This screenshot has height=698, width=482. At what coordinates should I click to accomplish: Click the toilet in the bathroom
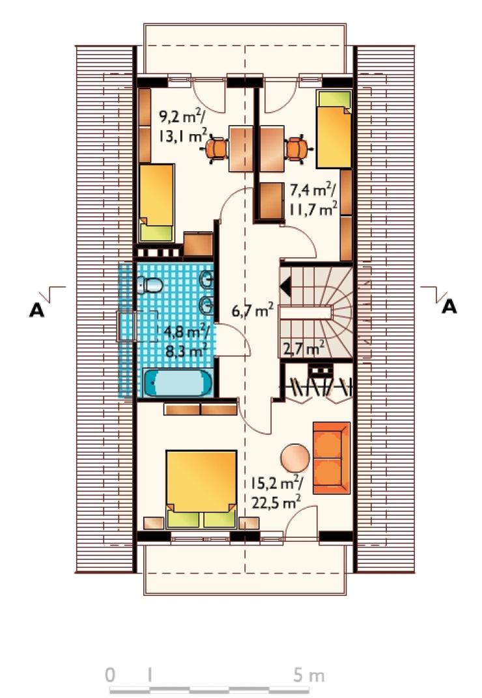[x=150, y=285]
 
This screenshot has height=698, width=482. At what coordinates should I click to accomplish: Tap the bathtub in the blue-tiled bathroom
[x=177, y=382]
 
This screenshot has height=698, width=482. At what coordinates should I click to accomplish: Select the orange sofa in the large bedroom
[x=332, y=458]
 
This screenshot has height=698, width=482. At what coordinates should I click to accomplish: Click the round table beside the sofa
[x=295, y=458]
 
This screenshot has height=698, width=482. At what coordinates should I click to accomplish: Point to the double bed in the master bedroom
[x=201, y=489]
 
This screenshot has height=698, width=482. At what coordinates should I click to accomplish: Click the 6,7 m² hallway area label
[x=252, y=310]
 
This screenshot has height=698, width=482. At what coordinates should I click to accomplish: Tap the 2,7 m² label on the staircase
[x=303, y=348]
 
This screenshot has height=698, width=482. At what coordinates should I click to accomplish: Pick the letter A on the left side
[x=36, y=311]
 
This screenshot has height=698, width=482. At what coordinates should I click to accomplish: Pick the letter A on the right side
[x=449, y=307]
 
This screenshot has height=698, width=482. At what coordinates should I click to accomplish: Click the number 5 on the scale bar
[x=299, y=675]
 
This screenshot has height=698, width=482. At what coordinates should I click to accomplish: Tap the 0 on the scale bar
[x=110, y=675]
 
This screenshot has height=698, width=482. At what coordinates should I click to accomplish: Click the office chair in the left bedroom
[x=217, y=148]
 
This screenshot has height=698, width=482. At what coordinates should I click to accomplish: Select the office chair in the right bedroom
[x=296, y=148]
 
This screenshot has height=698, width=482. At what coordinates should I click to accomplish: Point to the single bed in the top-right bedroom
[x=333, y=129]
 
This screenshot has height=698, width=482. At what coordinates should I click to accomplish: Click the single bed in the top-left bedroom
[x=156, y=203]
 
